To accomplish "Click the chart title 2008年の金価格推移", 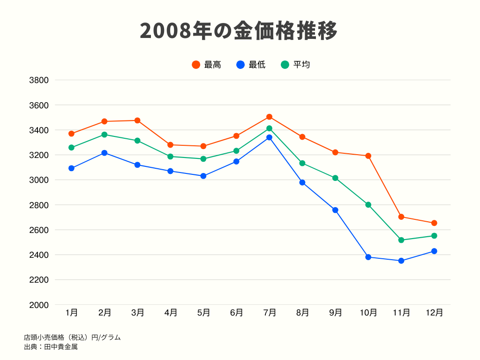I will pyautogui.click(x=239, y=31).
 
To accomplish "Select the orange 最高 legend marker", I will pyautogui.click(x=196, y=65).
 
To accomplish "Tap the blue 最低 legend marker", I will pyautogui.click(x=240, y=65).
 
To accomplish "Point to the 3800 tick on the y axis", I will pyautogui.click(x=39, y=80).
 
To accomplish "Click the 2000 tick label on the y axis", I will pyautogui.click(x=39, y=305).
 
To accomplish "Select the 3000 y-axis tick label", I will pyautogui.click(x=39, y=180).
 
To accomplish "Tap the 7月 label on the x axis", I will pyautogui.click(x=270, y=313).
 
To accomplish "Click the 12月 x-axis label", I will pyautogui.click(x=434, y=313).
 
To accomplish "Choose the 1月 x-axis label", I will pyautogui.click(x=72, y=313).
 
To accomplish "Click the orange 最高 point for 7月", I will pyautogui.click(x=270, y=117).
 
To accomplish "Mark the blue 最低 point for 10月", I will pyautogui.click(x=368, y=257).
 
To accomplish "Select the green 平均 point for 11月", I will pyautogui.click(x=401, y=240).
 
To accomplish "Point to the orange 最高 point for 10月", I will pyautogui.click(x=368, y=156).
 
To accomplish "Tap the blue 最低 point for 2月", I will pyautogui.click(x=105, y=153).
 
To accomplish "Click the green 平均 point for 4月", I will pyautogui.click(x=170, y=157).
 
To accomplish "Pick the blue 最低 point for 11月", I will pyautogui.click(x=401, y=261).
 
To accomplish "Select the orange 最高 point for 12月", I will pyautogui.click(x=434, y=223).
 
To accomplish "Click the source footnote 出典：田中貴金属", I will pyautogui.click(x=51, y=347).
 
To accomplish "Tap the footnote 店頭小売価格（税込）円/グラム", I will pyautogui.click(x=72, y=337).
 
